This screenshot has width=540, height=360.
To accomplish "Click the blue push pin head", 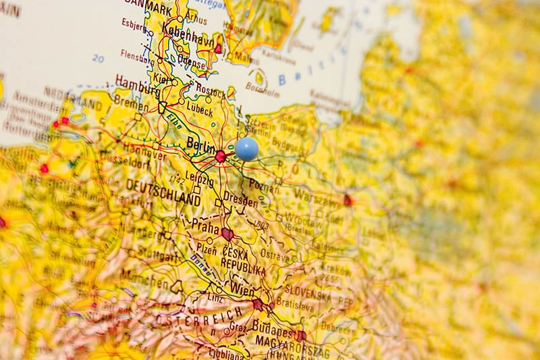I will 246,149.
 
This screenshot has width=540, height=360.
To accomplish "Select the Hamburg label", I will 137,82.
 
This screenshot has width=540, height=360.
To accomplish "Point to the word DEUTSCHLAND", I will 163,192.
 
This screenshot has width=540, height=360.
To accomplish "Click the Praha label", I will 206,226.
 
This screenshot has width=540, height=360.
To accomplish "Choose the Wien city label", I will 242,289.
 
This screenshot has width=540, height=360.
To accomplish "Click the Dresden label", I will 240,201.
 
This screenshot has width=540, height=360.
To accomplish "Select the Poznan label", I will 263,184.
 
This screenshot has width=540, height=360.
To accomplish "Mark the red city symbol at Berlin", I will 221,156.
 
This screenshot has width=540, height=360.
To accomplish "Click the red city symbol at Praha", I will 227,234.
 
